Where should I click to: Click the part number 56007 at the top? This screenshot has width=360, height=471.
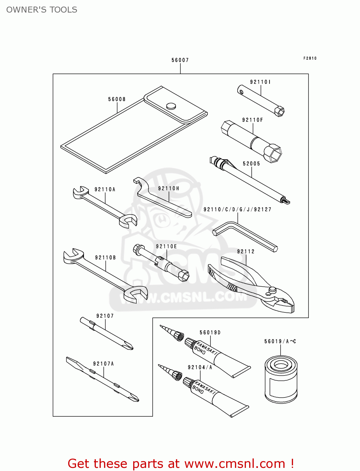point(180,60)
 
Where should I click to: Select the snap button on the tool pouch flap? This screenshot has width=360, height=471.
point(171,106)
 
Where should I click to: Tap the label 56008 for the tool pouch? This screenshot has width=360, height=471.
point(117,99)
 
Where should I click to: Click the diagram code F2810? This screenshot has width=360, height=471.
point(310,58)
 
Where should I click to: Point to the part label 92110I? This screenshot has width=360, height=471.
point(260,82)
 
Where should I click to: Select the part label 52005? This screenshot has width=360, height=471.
point(251,164)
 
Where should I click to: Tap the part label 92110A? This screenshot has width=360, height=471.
point(105,189)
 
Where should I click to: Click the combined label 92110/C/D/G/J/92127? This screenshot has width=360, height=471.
point(237,209)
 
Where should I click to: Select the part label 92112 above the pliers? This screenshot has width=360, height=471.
point(246,252)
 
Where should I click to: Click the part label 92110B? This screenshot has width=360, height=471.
point(105,257)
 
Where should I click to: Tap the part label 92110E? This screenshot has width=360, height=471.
point(166,246)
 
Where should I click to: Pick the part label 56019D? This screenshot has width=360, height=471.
point(210,333)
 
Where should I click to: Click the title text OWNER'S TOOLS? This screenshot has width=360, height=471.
point(42,10)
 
